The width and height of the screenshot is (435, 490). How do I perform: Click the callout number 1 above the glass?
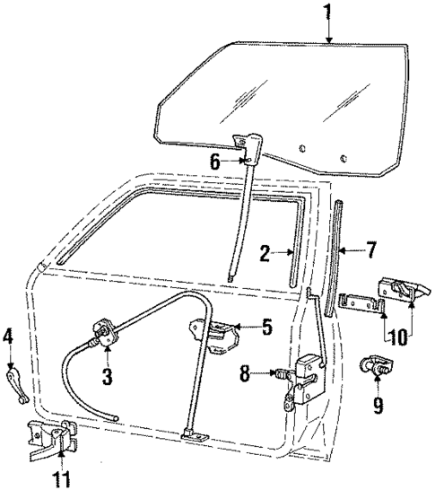(329, 13)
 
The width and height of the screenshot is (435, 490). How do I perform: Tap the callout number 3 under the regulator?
(108, 377)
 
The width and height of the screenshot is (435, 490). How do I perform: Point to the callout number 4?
(8, 337)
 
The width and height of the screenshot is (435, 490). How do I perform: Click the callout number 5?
(265, 327)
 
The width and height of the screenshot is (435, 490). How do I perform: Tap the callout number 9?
(378, 405)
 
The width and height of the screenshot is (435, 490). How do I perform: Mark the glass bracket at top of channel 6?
(245, 144)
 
